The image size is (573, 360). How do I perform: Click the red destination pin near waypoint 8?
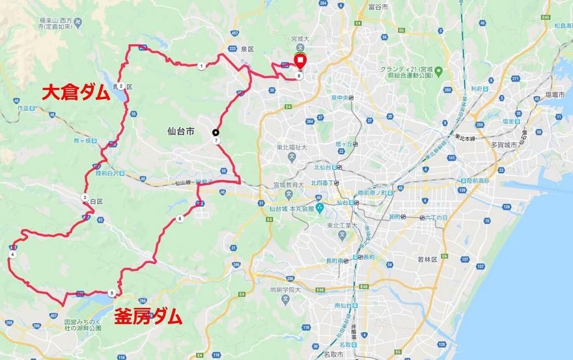pyautogui.click(x=300, y=62)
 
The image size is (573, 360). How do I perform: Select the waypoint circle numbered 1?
pyautogui.click(x=201, y=66)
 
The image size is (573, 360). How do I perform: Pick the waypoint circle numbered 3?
pyautogui.click(x=85, y=197)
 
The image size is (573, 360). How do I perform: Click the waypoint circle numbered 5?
pyautogui.click(x=112, y=293)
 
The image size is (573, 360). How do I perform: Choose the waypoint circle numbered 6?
pyautogui.click(x=179, y=219)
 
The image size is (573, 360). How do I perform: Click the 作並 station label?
pyautogui.click(x=26, y=108)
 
